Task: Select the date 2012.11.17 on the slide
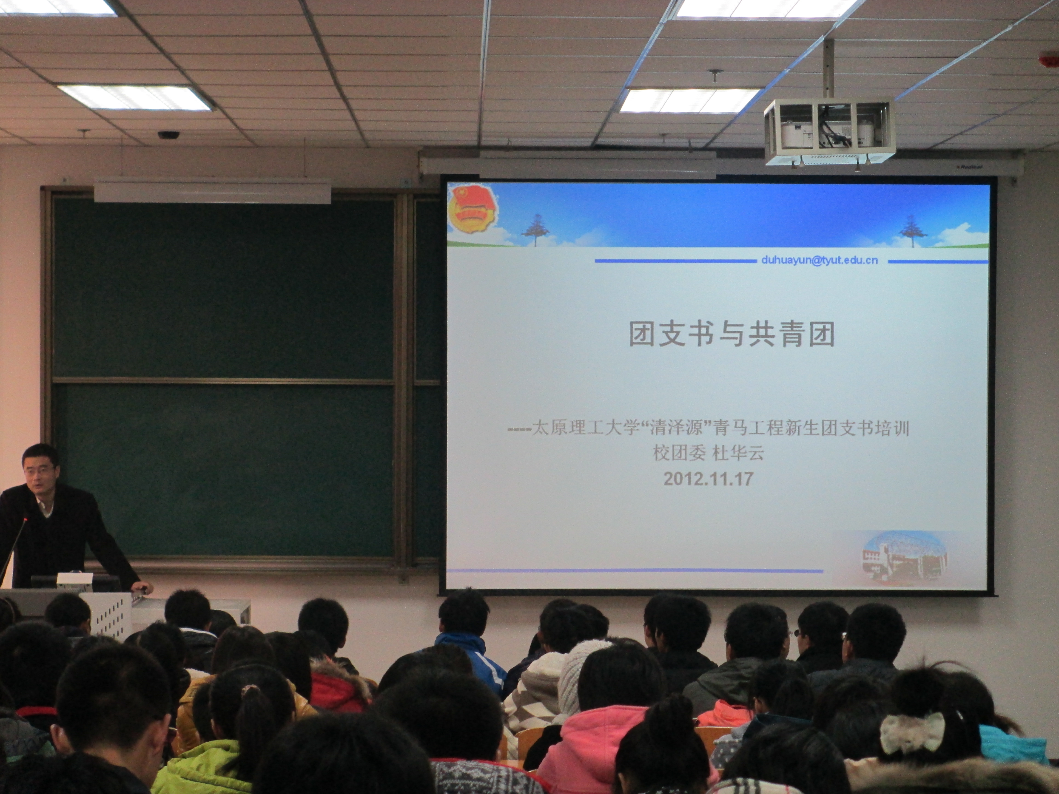(709, 479)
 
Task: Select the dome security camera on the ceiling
(168, 135)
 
